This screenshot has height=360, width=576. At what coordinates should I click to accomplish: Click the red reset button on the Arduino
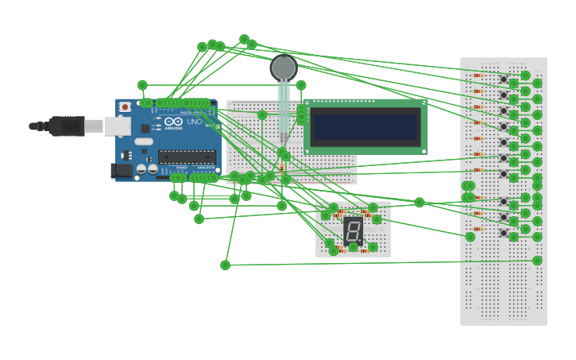click(x=125, y=107)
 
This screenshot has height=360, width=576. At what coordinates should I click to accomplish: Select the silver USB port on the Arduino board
click(x=118, y=126)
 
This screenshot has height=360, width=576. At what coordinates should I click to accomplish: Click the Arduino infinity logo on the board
click(x=173, y=122)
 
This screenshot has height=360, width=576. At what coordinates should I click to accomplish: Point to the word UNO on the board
click(x=194, y=122)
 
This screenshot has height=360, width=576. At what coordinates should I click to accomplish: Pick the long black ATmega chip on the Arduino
click(x=186, y=157)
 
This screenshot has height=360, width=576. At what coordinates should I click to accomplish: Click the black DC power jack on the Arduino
click(x=121, y=170)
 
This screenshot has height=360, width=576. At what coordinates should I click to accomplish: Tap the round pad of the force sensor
click(x=284, y=68)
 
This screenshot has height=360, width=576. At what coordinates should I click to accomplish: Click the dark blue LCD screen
click(x=365, y=127)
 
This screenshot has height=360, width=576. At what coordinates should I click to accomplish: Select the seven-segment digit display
click(x=353, y=230)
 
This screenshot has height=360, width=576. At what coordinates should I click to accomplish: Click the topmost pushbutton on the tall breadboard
click(x=503, y=79)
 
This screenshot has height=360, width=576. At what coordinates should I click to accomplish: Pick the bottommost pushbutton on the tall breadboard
click(x=503, y=233)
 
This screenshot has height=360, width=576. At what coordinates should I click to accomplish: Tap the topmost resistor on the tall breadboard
click(x=477, y=75)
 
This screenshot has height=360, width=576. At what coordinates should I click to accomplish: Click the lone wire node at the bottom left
click(x=225, y=265)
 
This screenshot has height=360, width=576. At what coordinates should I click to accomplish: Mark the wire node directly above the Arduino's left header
click(x=142, y=85)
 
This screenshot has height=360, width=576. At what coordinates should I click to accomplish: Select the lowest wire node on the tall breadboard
click(x=537, y=261)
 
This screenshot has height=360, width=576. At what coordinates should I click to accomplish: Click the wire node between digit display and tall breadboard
click(x=419, y=202)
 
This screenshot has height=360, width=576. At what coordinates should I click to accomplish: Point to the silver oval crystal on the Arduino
click(x=144, y=141)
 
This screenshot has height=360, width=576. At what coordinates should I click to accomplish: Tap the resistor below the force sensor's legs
click(x=282, y=167)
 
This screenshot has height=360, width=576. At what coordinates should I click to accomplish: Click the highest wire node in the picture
click(x=244, y=39)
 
